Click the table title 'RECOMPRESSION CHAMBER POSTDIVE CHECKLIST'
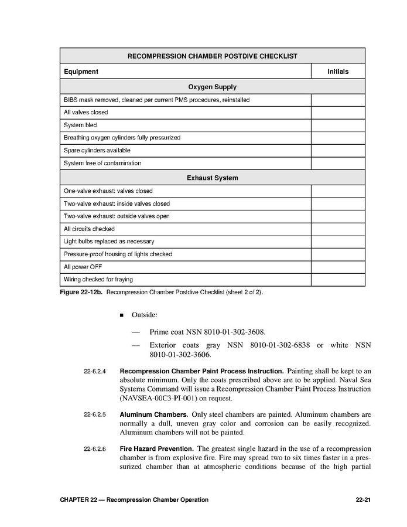click(212, 56)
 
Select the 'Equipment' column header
click(81, 72)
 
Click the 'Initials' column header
click(338, 72)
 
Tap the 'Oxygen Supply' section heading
click(212, 87)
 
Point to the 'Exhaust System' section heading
click(212, 178)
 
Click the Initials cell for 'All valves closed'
click(338, 112)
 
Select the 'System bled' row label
click(80, 125)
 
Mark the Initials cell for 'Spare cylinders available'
click(338, 150)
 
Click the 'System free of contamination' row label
click(102, 163)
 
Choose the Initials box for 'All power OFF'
click(338, 267)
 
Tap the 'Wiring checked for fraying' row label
click(98, 280)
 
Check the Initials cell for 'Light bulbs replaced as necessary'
click(338, 242)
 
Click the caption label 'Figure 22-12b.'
click(81, 291)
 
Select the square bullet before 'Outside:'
click(122, 315)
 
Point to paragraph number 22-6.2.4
click(95, 372)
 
